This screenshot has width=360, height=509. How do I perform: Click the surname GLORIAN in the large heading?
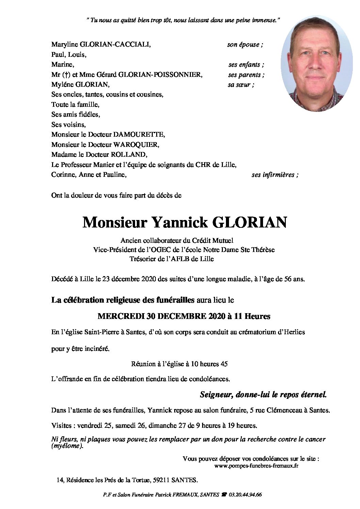[x=249, y=222]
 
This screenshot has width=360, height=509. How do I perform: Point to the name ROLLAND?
[x=129, y=155]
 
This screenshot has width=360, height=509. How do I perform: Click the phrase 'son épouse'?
[x=243, y=45]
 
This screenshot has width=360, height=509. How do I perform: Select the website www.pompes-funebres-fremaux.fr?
[x=256, y=466]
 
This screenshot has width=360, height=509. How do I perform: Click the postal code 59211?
[x=162, y=480]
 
